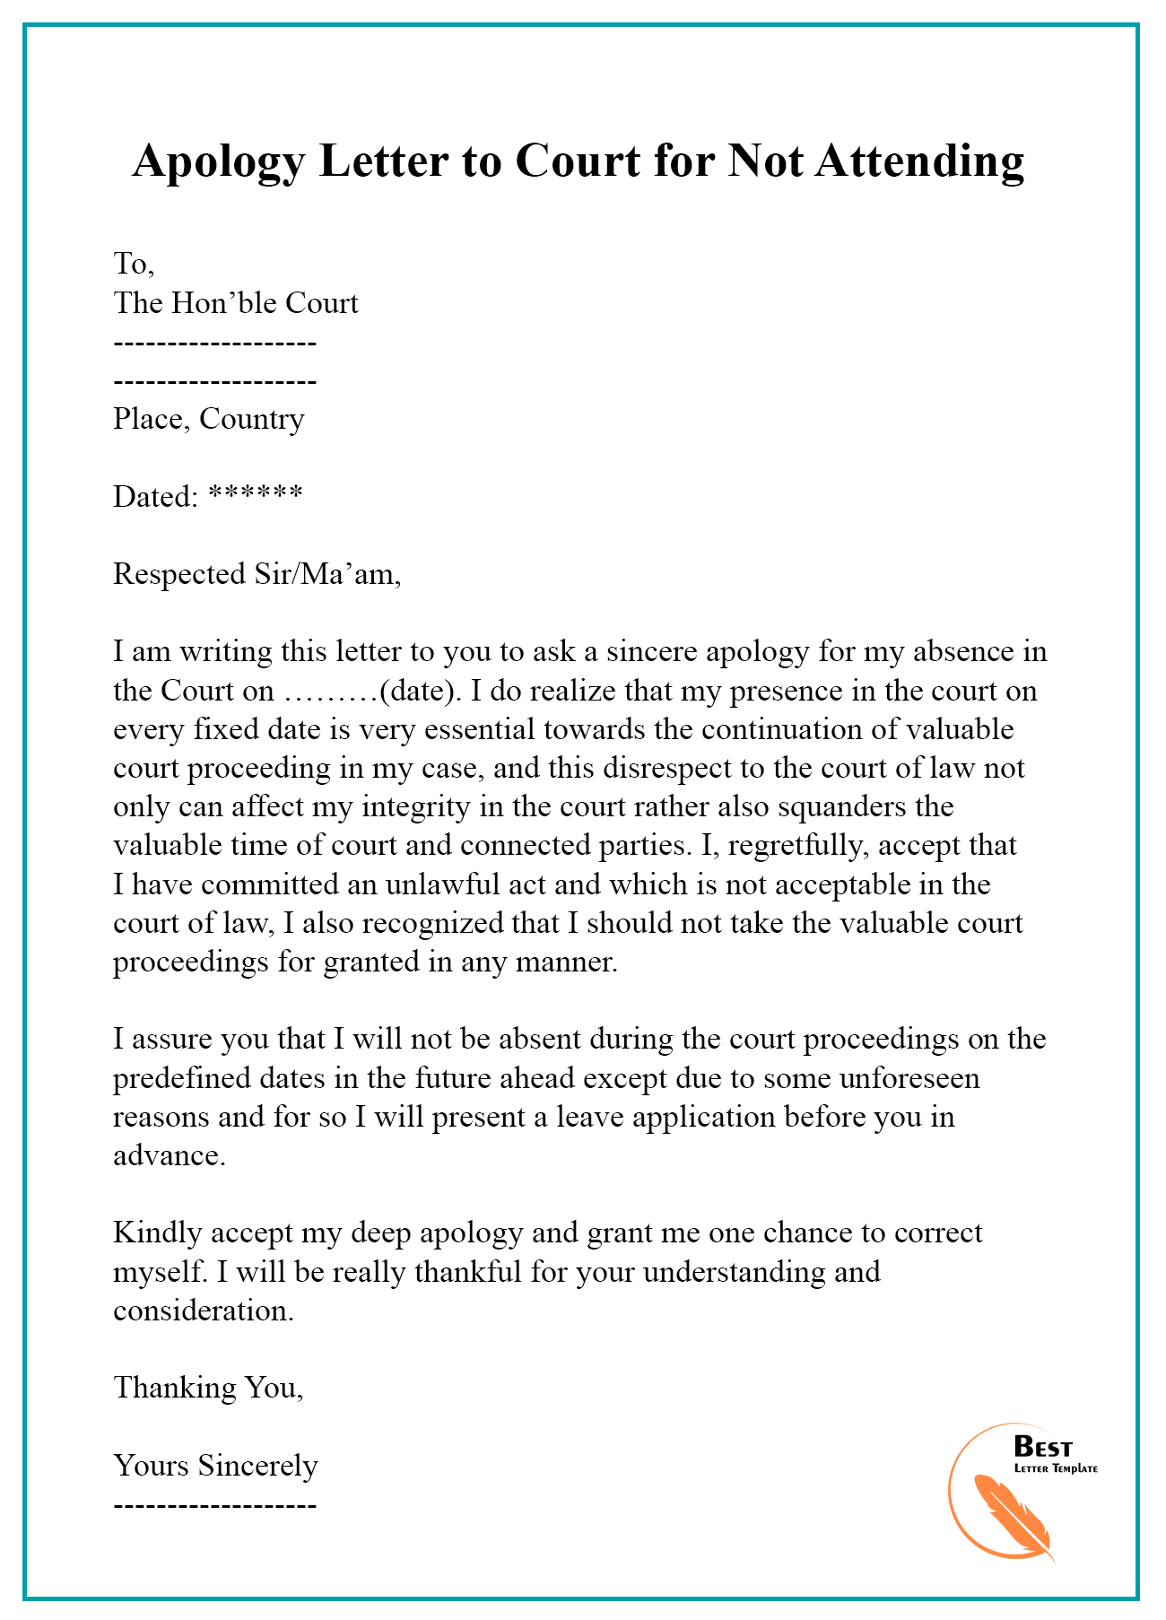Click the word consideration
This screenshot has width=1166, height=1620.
coord(203,1311)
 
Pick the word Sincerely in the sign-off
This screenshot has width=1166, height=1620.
coord(257,1466)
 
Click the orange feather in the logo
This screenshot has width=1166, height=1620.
coord(1013,1517)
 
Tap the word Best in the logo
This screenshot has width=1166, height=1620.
coord(1042,1447)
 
